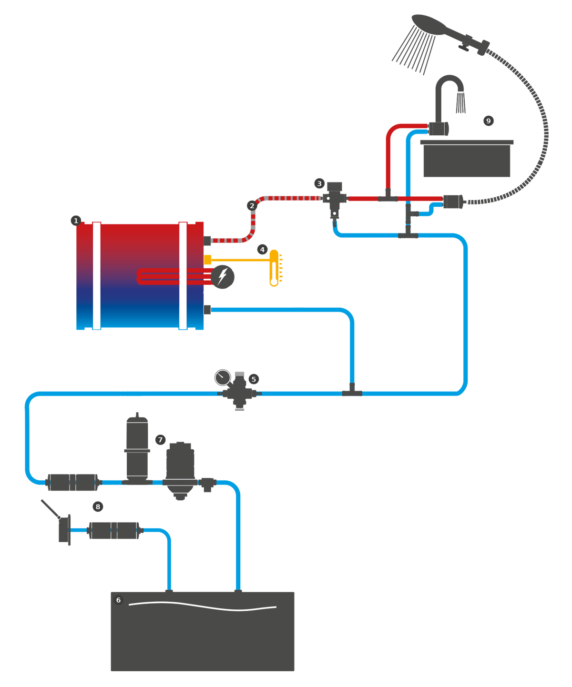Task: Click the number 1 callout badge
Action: tap(76, 221)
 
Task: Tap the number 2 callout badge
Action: tap(252, 206)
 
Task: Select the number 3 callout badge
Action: tap(319, 183)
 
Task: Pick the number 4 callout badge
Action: tap(262, 250)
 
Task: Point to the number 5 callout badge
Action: tap(254, 379)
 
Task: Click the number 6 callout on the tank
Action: tap(118, 600)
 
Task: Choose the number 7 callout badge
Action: tap(160, 440)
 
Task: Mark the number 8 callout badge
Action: tap(98, 506)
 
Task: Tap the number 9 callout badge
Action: tap(488, 121)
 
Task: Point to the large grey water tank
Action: tap(203, 634)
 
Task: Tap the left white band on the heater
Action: tap(97, 275)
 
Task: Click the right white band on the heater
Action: tap(183, 275)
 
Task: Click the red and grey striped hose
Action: tap(286, 198)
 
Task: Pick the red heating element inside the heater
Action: tap(172, 276)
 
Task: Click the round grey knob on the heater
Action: tap(223, 276)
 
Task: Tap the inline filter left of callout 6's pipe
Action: tap(114, 530)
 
